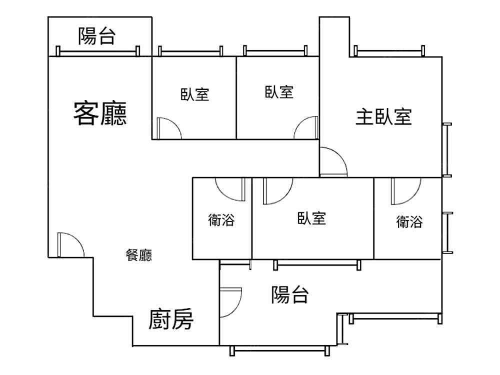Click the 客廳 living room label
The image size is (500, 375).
coord(100,113)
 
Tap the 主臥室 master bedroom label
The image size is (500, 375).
coord(383,116)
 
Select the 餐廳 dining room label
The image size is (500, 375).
coord(138,255)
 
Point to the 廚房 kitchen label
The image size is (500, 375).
coord(171,320)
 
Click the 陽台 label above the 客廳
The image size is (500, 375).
coord(97,36)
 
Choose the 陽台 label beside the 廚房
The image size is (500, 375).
coord(289,295)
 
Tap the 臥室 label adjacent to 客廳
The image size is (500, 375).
coord(195,94)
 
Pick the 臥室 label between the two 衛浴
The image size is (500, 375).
coord(311,218)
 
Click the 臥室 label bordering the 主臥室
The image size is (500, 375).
coord(279,92)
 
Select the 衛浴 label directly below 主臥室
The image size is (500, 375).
coord(409,221)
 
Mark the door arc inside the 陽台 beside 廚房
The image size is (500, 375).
coord(231,302)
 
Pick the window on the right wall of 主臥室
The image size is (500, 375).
coord(447,149)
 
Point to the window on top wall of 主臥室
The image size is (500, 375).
coord(389,50)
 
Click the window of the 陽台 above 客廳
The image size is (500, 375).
coord(98,51)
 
